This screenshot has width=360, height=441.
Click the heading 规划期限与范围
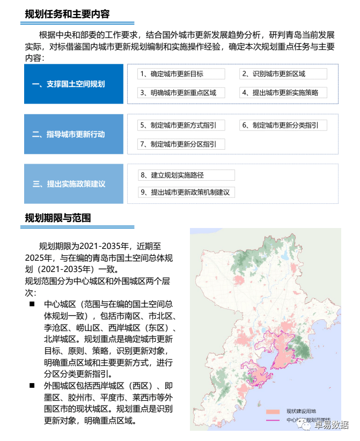[x=58, y=218]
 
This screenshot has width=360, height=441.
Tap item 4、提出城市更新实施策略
[x=283, y=92]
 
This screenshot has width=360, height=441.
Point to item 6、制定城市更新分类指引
[x=283, y=126]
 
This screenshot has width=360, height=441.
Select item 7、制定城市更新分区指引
[x=181, y=144]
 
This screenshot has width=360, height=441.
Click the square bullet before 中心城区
[x=33, y=304]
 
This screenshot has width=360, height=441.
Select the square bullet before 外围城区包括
[x=33, y=386]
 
